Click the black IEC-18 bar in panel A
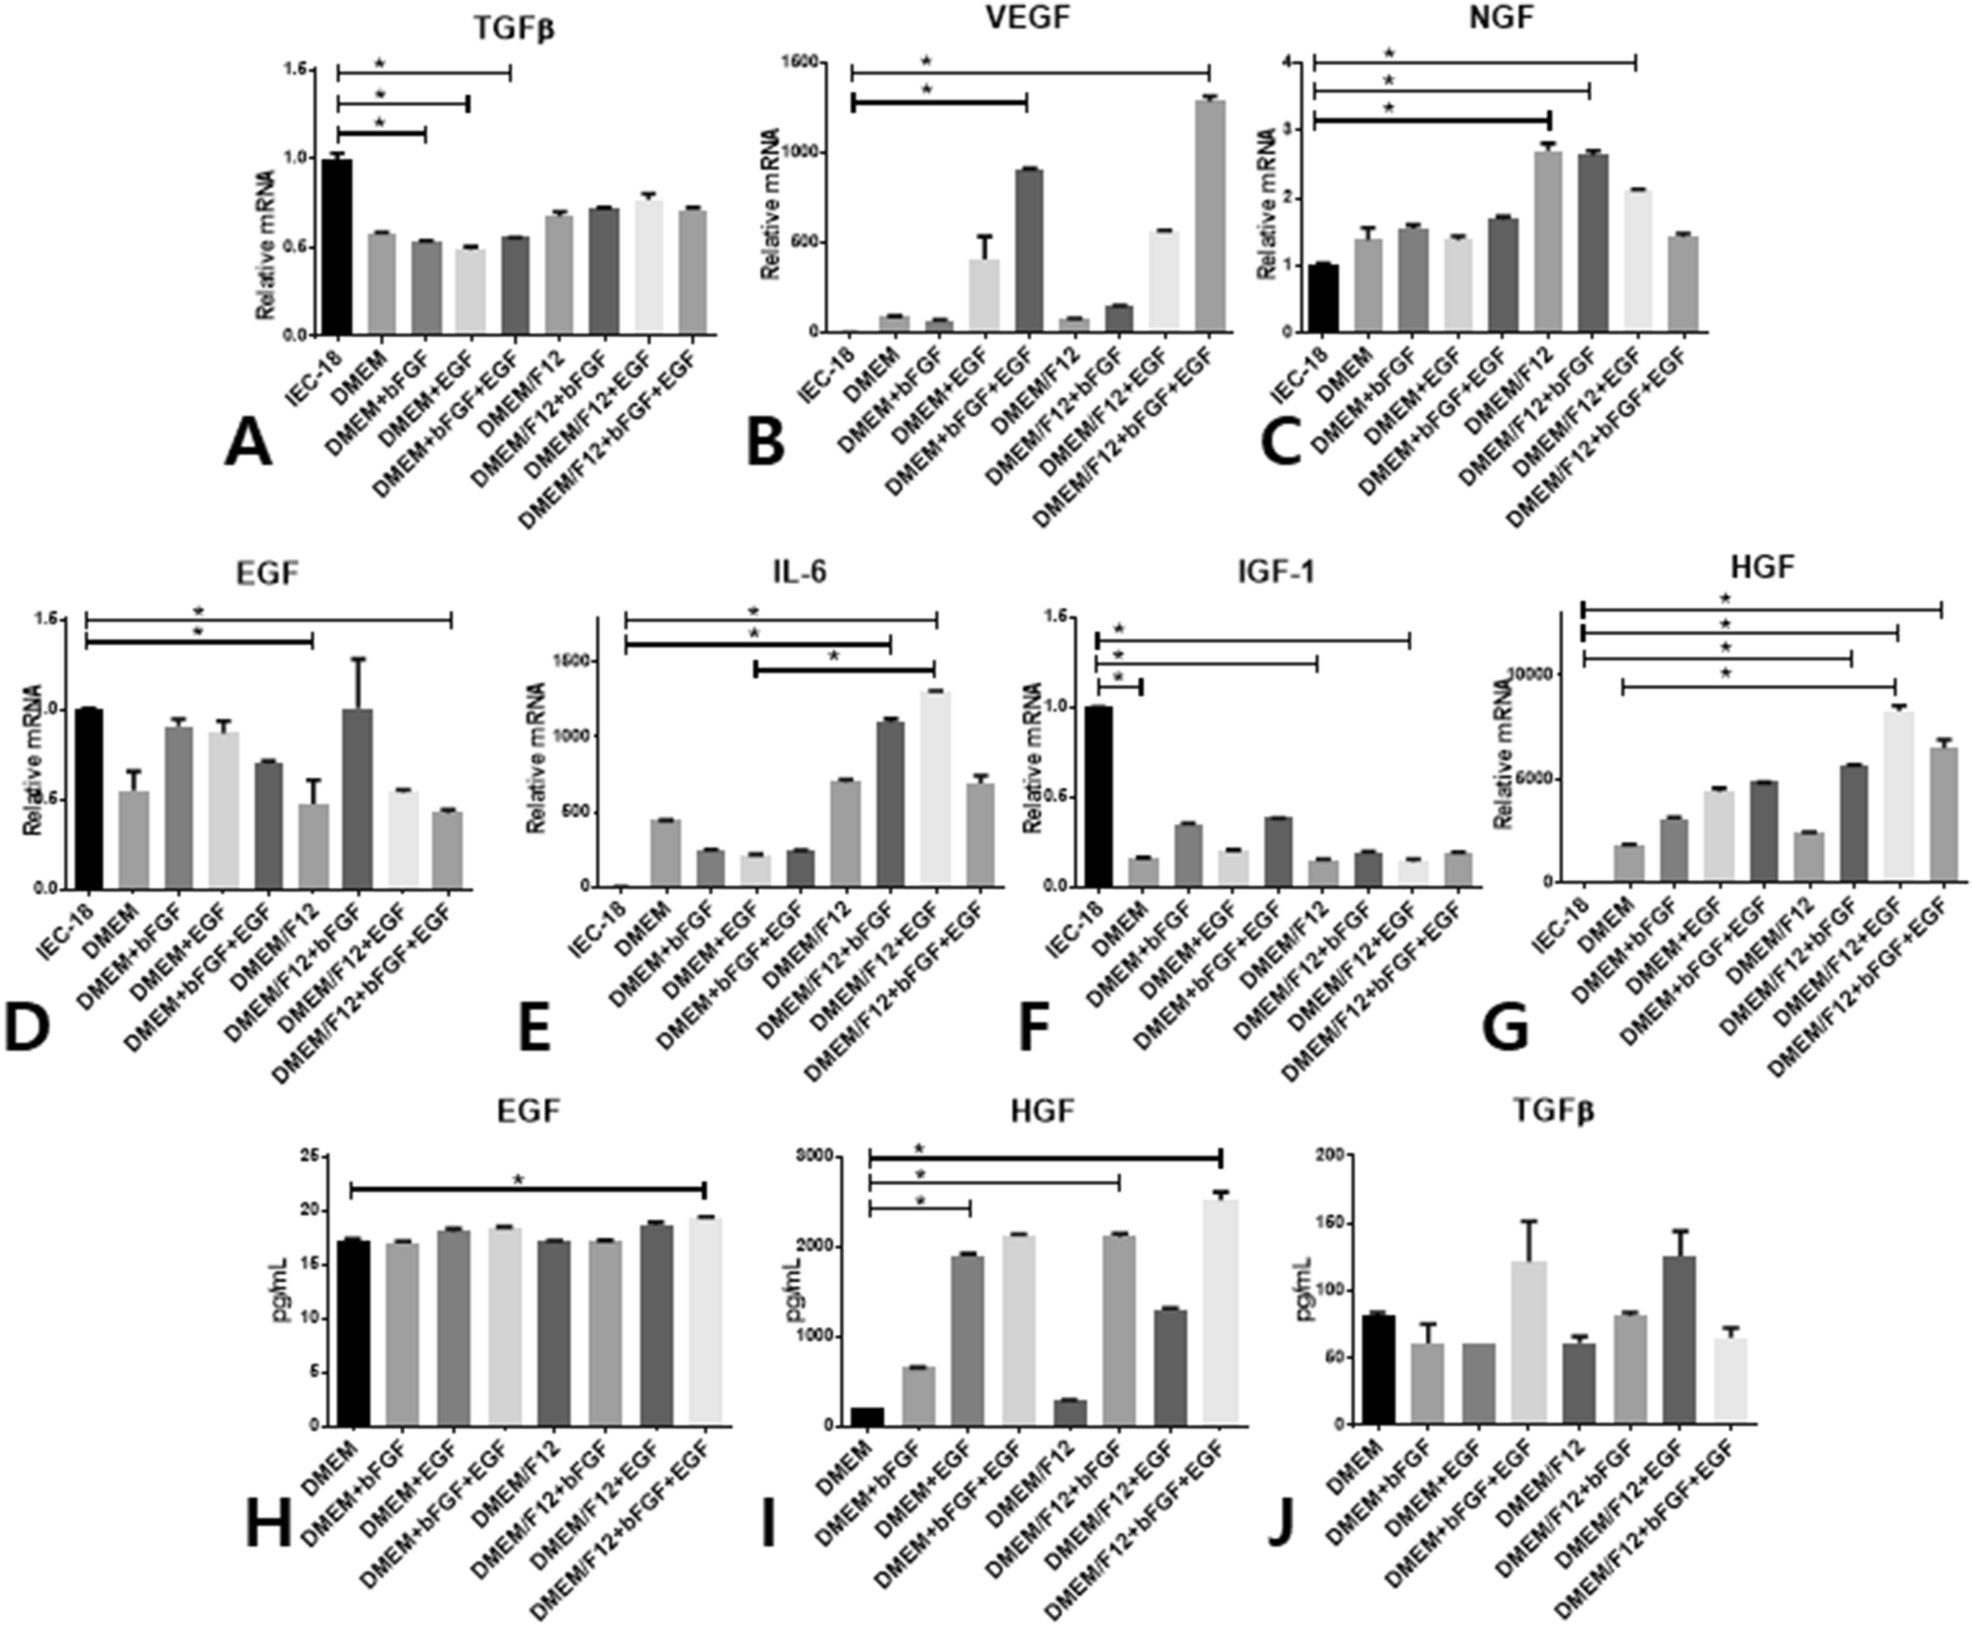337,246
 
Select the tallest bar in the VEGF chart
1210,216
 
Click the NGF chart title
1501,18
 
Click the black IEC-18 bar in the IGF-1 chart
1098,796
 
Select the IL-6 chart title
799,571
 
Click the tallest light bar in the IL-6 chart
936,789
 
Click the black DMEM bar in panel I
867,1416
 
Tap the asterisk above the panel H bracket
518,1179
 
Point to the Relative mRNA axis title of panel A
266,245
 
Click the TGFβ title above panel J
1553,1111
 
